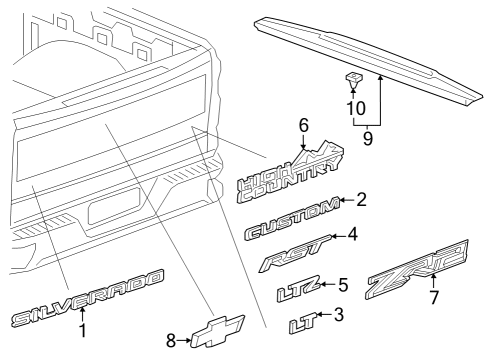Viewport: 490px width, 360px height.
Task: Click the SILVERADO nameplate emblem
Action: coord(87,298)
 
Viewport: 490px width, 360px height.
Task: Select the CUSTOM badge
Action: coord(292,220)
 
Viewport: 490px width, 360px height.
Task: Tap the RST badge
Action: coord(295,254)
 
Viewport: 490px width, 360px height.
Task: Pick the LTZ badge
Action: coord(299,289)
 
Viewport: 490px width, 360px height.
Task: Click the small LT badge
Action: coord(303,323)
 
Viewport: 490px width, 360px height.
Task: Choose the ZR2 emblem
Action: coord(417,269)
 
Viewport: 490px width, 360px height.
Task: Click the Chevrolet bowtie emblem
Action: coord(218,331)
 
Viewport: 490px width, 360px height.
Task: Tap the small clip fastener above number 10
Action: coord(354,80)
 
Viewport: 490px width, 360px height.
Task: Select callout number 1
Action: coord(82,330)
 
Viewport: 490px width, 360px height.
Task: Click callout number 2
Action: coord(361,199)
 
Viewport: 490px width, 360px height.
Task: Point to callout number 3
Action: coord(339,314)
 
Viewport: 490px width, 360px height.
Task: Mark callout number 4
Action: coord(352,234)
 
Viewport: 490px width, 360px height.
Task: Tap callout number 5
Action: coord(343,285)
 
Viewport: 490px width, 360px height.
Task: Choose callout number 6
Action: coord(304,125)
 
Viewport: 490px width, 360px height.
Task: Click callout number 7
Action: coord(434,297)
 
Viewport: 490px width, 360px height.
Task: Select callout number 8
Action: coord(171,340)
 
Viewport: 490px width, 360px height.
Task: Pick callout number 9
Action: coord(368,138)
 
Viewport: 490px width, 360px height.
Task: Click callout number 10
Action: coord(356,108)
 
